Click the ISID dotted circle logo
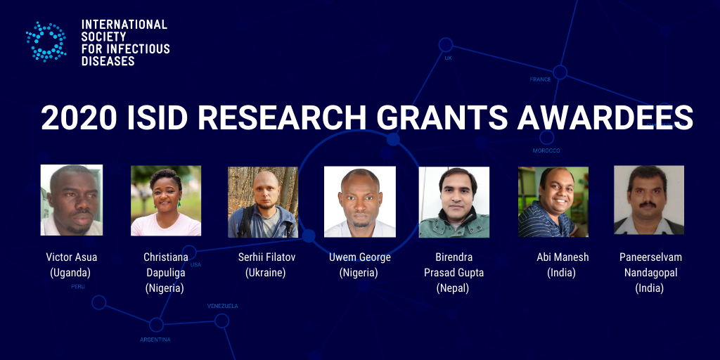[x=46, y=41]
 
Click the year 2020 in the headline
[x=79, y=118]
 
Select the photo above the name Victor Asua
[x=72, y=200]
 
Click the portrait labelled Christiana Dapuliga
[x=166, y=200]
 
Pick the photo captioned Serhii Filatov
[x=263, y=202]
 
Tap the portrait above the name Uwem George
[x=360, y=202]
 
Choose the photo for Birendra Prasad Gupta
[x=454, y=202]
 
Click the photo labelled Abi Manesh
[x=553, y=202]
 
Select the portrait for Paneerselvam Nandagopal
[x=649, y=200]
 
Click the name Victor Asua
[x=72, y=257]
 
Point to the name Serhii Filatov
[x=266, y=257]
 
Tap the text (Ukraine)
[x=265, y=273]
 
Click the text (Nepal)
[x=454, y=288]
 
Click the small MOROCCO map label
[x=546, y=150]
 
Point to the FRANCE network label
[x=541, y=79]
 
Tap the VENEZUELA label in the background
[x=223, y=306]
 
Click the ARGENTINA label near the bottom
[x=155, y=340]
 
